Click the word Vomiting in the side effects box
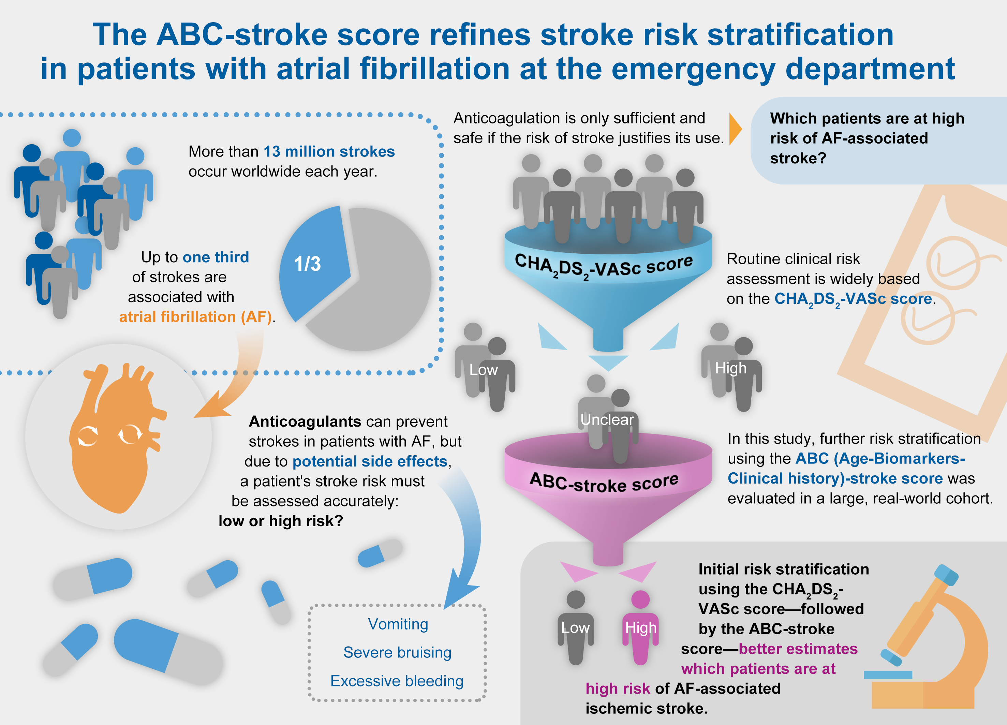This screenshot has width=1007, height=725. (398, 624)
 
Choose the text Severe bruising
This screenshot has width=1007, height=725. (397, 653)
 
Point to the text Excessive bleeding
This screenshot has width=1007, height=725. (397, 681)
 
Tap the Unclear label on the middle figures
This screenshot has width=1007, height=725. (607, 419)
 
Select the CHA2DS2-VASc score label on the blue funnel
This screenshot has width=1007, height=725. (603, 266)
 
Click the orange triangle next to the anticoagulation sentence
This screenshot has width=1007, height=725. (735, 129)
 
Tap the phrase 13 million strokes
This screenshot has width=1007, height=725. (329, 151)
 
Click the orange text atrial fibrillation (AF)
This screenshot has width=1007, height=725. (195, 317)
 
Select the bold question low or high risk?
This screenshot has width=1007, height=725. (281, 521)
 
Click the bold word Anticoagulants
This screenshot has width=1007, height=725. (305, 421)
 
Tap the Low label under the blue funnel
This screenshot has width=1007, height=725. (484, 370)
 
